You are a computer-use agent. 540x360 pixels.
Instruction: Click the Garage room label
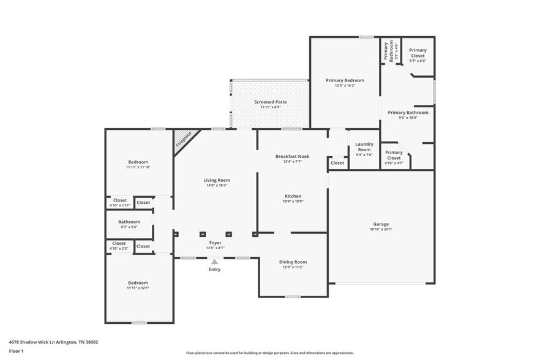(381, 224)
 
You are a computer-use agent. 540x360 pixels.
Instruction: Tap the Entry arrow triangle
(214, 261)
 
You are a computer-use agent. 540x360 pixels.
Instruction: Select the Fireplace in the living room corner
(184, 140)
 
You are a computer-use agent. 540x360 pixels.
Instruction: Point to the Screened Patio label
(270, 102)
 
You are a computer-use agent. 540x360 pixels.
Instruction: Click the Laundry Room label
(364, 147)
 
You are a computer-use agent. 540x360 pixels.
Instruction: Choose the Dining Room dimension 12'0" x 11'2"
(292, 268)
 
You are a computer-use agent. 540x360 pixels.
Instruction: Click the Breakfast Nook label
(292, 156)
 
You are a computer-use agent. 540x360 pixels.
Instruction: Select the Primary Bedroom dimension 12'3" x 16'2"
(345, 86)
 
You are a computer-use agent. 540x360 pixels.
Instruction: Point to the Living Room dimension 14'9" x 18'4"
(217, 186)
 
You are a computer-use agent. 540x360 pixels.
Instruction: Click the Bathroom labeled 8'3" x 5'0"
(129, 222)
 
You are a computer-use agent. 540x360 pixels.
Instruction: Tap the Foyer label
(214, 242)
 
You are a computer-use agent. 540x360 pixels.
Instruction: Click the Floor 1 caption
(16, 351)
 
